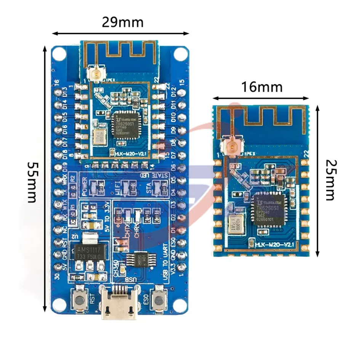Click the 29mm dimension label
click(123, 22)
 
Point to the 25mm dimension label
click(330, 179)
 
